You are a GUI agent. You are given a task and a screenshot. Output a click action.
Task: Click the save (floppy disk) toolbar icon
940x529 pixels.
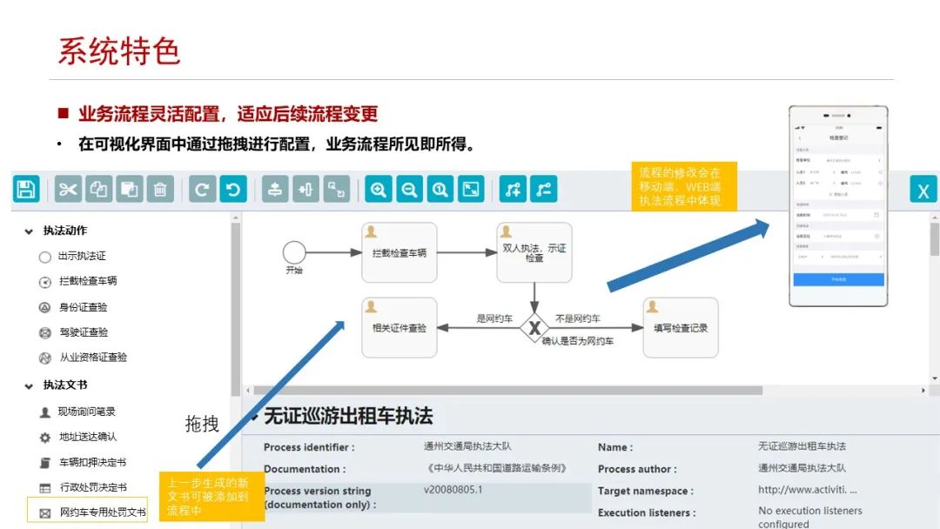(x=26, y=189)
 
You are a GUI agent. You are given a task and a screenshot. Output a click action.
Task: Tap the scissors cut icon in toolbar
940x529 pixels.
(x=68, y=189)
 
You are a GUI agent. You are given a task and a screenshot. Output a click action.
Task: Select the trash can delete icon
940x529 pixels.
(x=159, y=189)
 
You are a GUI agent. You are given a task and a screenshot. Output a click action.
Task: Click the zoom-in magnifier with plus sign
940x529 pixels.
(x=379, y=189)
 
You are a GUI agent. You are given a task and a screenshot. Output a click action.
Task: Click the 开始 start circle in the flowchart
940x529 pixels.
(x=294, y=252)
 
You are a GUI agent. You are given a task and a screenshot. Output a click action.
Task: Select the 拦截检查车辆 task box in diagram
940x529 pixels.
(x=399, y=252)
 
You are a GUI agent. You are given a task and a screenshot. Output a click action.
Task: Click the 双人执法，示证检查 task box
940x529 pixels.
(x=534, y=252)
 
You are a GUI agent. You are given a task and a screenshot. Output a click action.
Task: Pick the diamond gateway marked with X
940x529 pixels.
(x=534, y=328)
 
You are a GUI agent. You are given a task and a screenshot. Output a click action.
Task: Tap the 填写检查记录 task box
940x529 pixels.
(x=681, y=328)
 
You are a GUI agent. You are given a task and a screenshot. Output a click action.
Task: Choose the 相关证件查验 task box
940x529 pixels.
(x=399, y=328)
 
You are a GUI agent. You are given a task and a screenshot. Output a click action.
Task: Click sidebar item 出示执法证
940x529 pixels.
(x=82, y=257)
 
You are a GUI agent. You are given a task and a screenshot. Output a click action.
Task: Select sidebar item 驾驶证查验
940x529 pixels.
(x=84, y=332)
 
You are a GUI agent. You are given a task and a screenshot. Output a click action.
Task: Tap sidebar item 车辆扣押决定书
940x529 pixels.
(x=92, y=462)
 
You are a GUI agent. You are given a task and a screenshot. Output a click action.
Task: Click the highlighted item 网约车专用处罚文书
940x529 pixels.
(x=102, y=512)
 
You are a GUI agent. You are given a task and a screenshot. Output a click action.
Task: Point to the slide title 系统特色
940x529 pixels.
(x=118, y=50)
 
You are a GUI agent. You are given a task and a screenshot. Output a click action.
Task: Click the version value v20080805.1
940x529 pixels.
(x=453, y=490)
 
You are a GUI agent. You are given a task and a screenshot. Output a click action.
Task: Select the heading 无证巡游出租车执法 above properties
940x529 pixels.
(x=347, y=416)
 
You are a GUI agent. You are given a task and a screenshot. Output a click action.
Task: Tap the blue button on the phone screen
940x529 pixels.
(x=838, y=280)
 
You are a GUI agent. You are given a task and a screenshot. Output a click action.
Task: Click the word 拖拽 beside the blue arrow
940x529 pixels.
(x=202, y=424)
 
